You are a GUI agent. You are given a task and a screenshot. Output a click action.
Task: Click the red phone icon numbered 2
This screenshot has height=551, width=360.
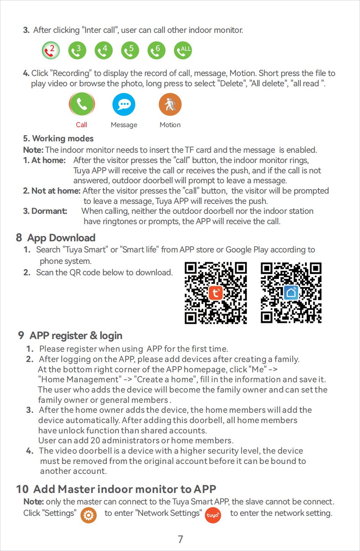pyautogui.click(x=51, y=50)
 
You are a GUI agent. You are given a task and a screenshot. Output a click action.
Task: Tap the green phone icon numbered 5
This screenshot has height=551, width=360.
pyautogui.click(x=130, y=50)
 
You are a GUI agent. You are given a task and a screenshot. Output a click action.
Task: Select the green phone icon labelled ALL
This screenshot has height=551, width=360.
pyautogui.click(x=183, y=50)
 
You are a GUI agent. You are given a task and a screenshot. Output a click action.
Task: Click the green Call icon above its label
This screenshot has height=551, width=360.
pyautogui.click(x=82, y=104)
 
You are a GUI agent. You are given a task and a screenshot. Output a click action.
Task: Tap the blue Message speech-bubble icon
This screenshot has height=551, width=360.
pyautogui.click(x=124, y=104)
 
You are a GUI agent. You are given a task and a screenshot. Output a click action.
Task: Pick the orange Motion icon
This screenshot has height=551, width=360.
pyautogui.click(x=170, y=104)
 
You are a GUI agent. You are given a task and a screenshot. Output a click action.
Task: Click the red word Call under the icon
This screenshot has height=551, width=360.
pyautogui.click(x=81, y=125)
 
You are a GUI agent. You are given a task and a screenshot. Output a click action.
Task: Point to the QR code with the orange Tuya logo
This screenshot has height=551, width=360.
pyautogui.click(x=216, y=293)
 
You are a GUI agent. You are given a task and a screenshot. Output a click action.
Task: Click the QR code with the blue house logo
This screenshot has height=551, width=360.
pyautogui.click(x=291, y=293)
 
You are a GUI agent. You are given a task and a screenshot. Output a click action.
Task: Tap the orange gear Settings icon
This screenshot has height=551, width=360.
pyautogui.click(x=89, y=515)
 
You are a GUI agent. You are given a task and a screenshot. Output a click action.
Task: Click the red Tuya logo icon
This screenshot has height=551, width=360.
pyautogui.click(x=213, y=515)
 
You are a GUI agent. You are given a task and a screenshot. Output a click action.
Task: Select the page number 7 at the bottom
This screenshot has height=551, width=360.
pyautogui.click(x=181, y=539)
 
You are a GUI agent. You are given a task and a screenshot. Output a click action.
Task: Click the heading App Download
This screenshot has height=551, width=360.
pyautogui.click(x=61, y=238)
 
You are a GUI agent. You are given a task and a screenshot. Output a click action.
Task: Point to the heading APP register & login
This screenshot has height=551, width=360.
pyautogui.click(x=76, y=336)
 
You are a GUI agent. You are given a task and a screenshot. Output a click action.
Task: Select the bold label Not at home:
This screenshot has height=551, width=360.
pyautogui.click(x=52, y=191)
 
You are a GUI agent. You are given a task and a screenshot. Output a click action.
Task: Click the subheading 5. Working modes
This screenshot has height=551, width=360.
pyautogui.click(x=58, y=139)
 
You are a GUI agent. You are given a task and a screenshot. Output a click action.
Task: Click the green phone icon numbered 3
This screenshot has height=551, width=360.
pyautogui.click(x=77, y=50)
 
